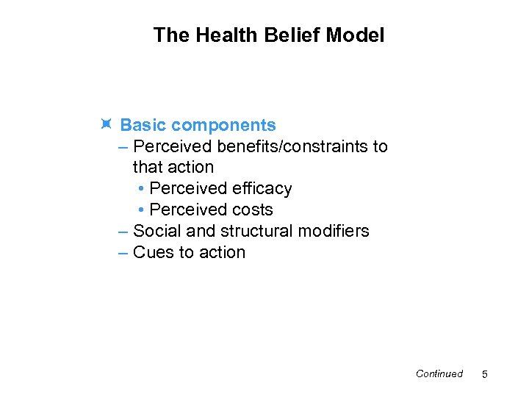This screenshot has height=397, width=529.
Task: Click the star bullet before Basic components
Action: pos(106,125)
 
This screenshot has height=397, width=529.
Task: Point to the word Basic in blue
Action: pos(143,126)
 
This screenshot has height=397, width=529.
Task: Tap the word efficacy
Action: pos(261,189)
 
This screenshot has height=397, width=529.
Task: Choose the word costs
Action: pos(252,210)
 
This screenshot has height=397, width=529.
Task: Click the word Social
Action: pos(157,231)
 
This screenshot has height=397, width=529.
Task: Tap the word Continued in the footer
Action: pos(439,373)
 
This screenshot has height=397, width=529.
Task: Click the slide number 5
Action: pos(484,375)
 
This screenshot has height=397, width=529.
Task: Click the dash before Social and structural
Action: pos(123,231)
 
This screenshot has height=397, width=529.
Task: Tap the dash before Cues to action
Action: pos(123,252)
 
